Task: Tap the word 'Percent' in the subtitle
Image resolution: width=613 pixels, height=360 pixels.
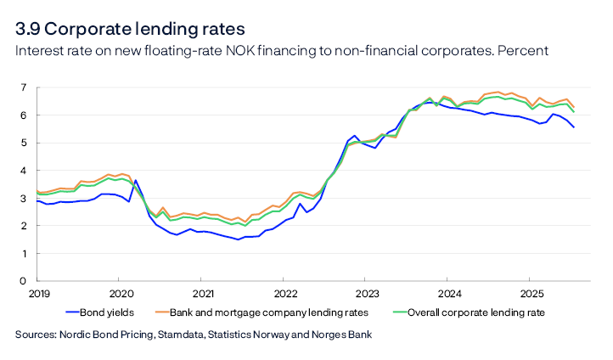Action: point(522,51)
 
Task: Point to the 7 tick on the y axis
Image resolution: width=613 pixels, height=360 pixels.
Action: point(23,87)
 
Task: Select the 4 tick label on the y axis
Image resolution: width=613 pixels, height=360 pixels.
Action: point(23,171)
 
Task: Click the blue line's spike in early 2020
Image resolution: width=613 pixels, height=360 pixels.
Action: point(136,180)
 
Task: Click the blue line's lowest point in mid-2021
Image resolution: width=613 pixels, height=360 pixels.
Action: point(239,239)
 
